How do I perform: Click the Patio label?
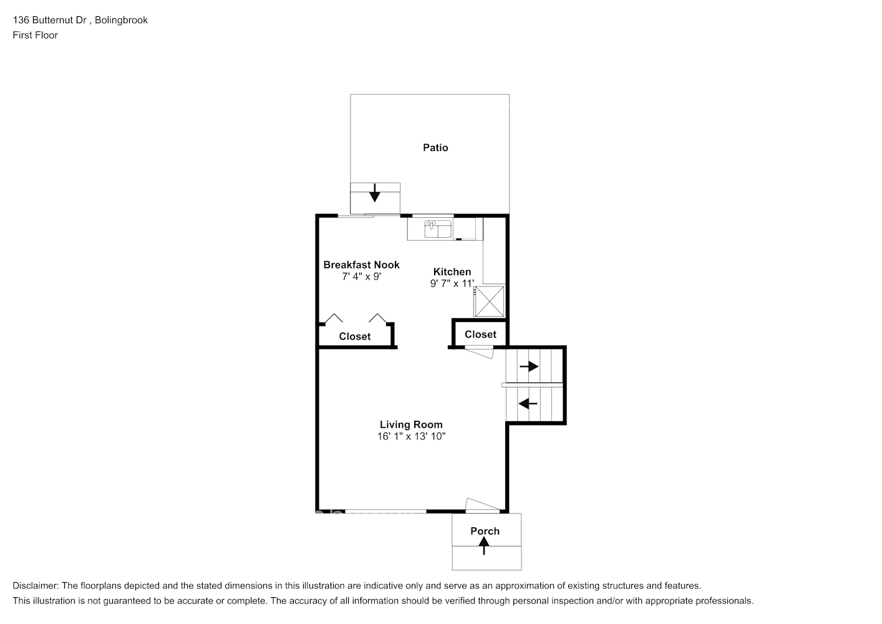[x=435, y=148]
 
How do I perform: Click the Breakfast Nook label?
[x=361, y=265]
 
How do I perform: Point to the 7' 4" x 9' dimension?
[x=361, y=276]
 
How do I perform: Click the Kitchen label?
[x=452, y=271]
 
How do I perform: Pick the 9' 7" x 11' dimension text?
[x=452, y=283]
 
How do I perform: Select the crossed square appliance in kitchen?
[x=490, y=301]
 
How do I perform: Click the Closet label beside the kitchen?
[x=480, y=334]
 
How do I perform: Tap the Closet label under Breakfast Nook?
[x=354, y=336]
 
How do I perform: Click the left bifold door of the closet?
[x=334, y=319]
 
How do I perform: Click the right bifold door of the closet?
[x=377, y=319]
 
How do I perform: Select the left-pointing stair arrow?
[x=528, y=404]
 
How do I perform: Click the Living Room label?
[x=411, y=424]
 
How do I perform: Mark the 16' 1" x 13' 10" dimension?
[x=411, y=436]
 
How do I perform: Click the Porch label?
[x=485, y=531]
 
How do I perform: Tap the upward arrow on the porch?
[x=484, y=546]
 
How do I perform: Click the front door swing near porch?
[x=482, y=504]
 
